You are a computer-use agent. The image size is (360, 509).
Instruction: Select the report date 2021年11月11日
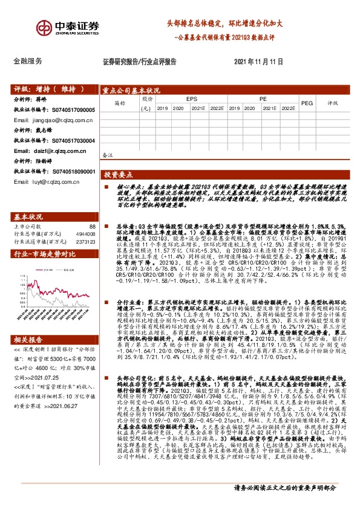point(258,62)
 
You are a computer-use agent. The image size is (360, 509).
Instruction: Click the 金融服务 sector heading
point(28,62)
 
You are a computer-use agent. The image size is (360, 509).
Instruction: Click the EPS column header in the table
point(191,98)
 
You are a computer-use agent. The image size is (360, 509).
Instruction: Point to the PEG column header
point(307,103)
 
